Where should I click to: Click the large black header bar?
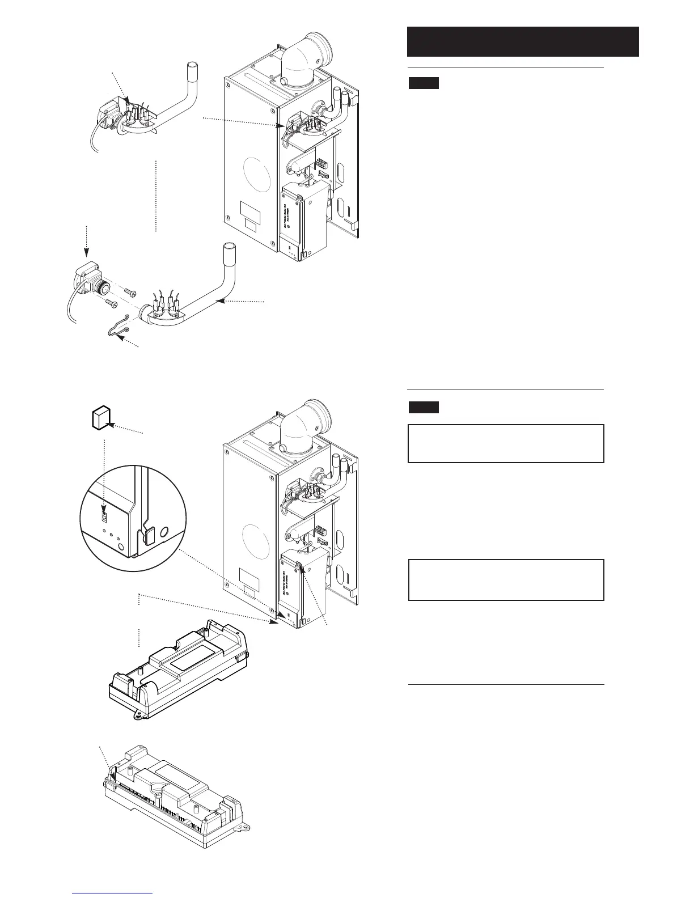[x=523, y=41]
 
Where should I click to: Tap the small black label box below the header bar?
[x=424, y=84]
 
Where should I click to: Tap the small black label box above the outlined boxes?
[x=424, y=407]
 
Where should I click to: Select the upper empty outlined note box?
[x=506, y=443]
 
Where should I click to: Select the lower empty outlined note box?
[x=506, y=580]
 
